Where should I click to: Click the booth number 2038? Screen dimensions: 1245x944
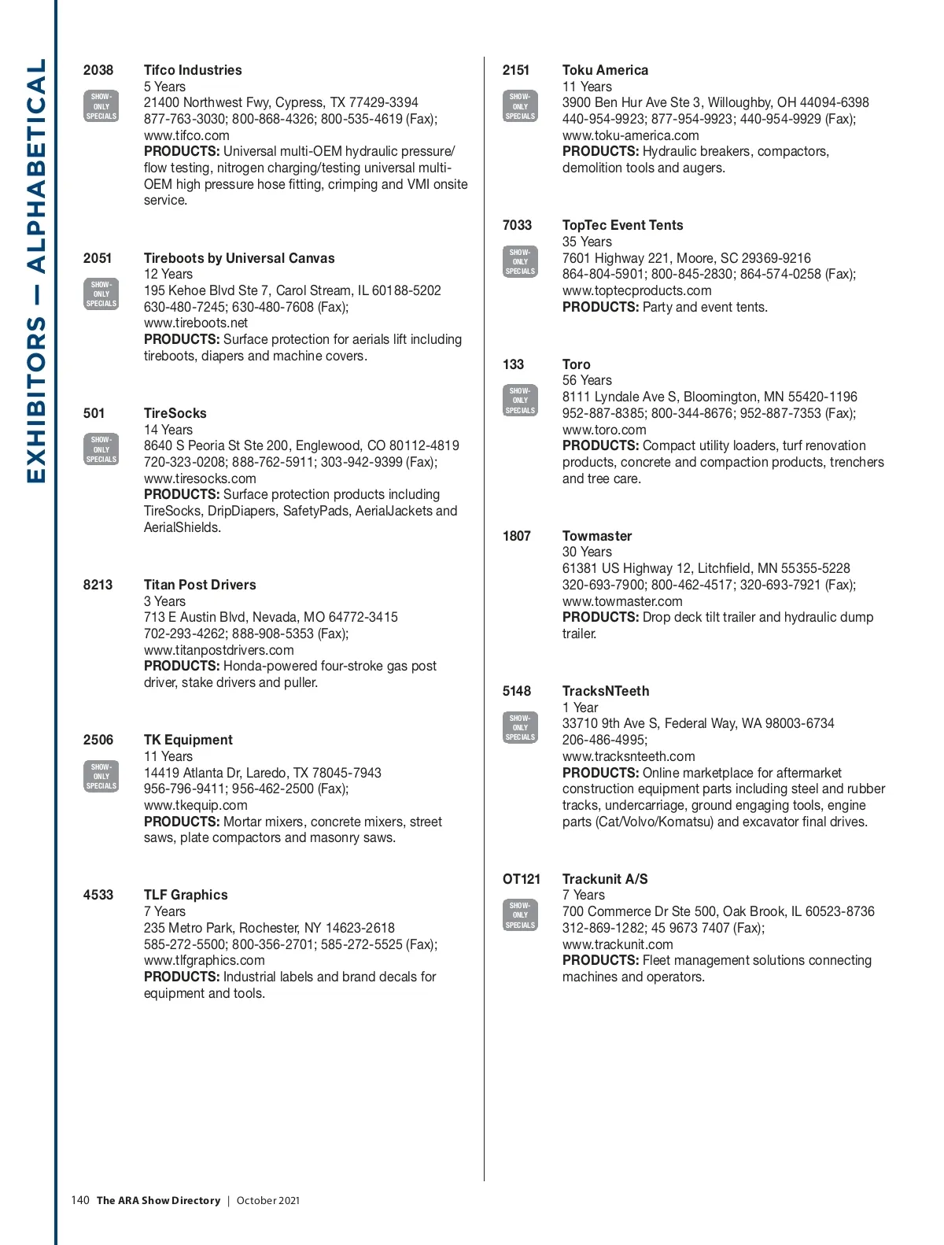click(x=98, y=70)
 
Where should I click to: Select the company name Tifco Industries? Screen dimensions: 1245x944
click(x=193, y=70)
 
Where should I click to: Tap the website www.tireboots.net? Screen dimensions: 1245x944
click(x=195, y=323)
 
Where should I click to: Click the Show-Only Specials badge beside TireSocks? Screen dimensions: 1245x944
click(x=101, y=449)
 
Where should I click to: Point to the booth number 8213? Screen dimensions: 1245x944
click(x=98, y=585)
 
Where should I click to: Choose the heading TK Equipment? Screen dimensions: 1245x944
click(x=188, y=740)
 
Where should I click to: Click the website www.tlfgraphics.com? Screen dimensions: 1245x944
click(x=204, y=960)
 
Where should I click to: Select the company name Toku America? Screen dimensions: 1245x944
click(x=605, y=70)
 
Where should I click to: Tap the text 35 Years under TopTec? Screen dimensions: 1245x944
click(x=587, y=242)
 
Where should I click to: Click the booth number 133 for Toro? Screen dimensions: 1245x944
click(x=513, y=364)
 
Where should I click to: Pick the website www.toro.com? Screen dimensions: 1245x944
click(x=604, y=430)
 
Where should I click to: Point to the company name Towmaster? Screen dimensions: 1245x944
click(x=597, y=536)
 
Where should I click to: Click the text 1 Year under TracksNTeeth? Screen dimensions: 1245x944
click(x=580, y=707)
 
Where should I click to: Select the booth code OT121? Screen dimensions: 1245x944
click(x=522, y=879)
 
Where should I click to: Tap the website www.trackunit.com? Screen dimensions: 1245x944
click(x=618, y=944)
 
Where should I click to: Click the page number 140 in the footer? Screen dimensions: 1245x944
click(x=80, y=1200)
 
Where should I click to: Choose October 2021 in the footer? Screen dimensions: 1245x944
click(x=267, y=1200)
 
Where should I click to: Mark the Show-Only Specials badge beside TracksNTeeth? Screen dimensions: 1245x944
click(x=520, y=728)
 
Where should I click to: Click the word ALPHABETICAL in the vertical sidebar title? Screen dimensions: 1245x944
click(x=36, y=165)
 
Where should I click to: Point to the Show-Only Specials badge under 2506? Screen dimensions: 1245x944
click(x=101, y=776)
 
